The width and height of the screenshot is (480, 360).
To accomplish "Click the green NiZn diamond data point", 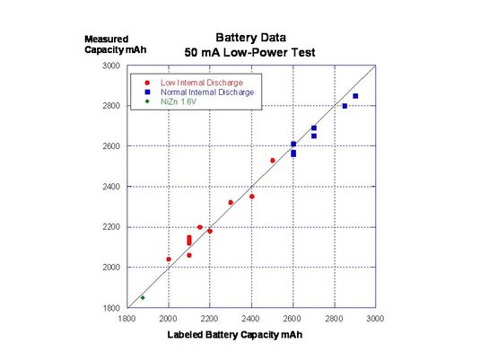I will [x=142, y=297].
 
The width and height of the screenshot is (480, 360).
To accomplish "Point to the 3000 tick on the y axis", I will [x=111, y=66].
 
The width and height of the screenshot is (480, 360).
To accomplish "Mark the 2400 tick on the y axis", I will [x=111, y=187].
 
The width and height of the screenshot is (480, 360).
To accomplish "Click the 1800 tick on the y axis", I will [x=111, y=308].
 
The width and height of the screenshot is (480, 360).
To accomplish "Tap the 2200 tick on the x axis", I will [x=210, y=319].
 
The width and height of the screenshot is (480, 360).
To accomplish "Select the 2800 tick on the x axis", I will [x=334, y=319].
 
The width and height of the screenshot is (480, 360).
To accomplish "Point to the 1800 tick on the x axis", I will [x=127, y=319].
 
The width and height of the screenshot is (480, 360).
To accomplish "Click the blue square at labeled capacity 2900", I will [x=355, y=96].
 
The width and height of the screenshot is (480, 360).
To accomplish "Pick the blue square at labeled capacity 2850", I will [x=345, y=106].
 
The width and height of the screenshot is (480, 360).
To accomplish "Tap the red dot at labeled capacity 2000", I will [x=169, y=259].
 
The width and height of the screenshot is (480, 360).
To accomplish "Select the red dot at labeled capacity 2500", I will [x=273, y=161].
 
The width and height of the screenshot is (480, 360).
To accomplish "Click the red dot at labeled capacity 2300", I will [x=231, y=203].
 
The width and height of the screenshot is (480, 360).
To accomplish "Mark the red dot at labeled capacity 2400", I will [x=252, y=196].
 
